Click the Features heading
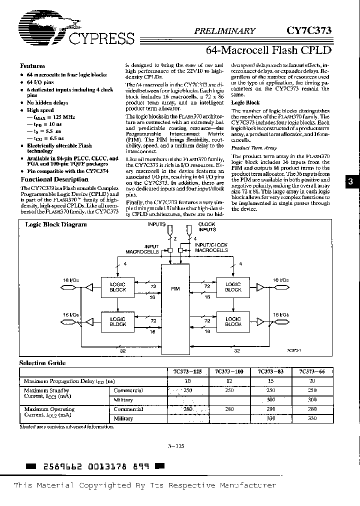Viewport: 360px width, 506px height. point(32,66)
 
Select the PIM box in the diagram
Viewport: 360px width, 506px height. point(175,289)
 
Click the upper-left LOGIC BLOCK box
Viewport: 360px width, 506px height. point(118,286)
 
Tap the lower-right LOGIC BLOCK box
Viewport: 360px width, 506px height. point(233,321)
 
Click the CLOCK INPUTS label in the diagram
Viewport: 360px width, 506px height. point(207,227)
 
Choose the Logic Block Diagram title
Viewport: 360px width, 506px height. point(56,225)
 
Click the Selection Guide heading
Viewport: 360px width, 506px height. point(42,363)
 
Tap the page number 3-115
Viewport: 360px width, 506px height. point(177,447)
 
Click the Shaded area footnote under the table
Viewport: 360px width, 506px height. point(66,427)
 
